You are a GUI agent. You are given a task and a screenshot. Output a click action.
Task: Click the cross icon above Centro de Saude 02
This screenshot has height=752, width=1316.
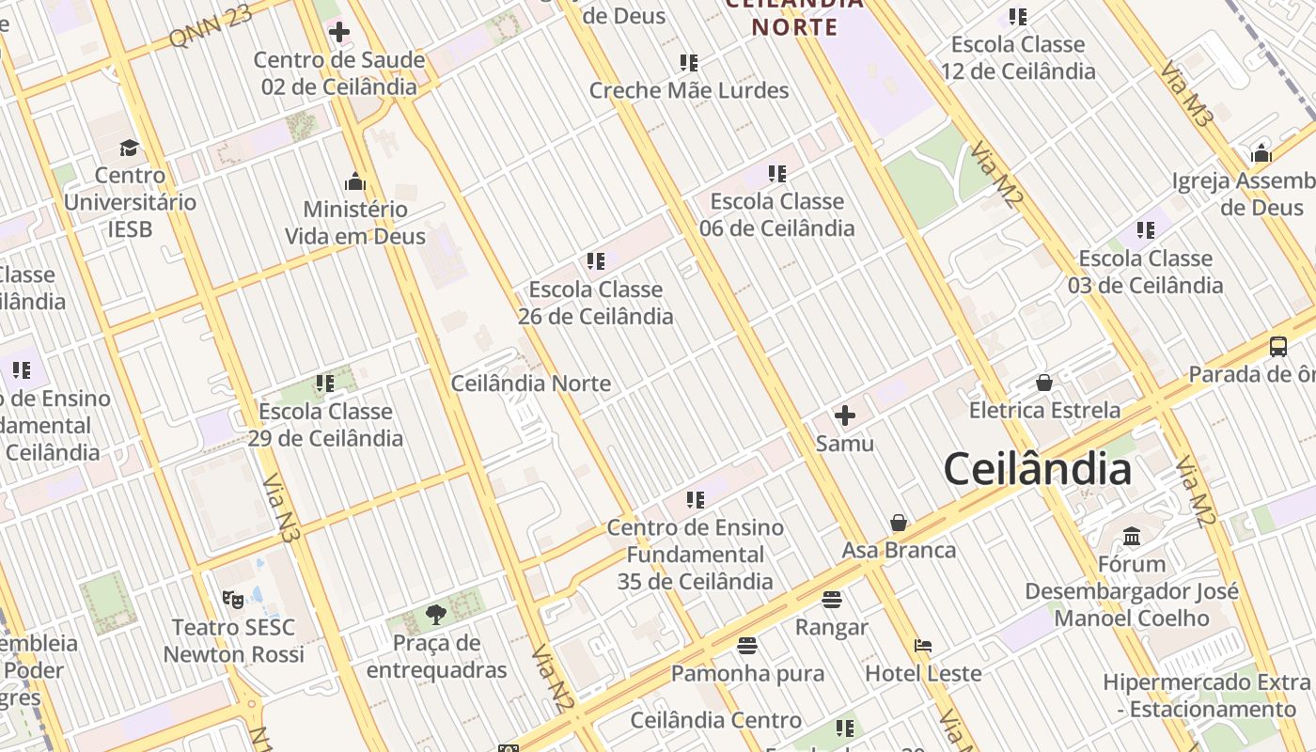339,33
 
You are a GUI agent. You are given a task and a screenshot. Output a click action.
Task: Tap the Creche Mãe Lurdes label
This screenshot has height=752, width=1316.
689,90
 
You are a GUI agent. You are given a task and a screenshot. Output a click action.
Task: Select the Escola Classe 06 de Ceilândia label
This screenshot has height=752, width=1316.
776,214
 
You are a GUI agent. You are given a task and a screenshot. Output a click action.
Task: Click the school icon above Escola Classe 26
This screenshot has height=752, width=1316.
595,261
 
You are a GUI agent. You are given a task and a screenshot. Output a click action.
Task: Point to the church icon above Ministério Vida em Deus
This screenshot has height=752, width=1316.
355,181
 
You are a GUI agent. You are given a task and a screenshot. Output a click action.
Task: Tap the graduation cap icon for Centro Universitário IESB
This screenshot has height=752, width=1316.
129,148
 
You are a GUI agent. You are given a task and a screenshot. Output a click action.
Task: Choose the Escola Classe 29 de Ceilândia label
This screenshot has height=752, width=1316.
325,425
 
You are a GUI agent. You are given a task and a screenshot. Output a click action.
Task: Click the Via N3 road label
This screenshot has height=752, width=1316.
281,509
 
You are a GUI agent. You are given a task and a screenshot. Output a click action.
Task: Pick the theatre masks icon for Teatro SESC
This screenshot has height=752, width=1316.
232,599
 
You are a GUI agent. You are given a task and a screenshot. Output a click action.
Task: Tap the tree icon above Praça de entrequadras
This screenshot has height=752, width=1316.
435,615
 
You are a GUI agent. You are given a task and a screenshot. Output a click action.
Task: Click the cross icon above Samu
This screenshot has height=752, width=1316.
845,415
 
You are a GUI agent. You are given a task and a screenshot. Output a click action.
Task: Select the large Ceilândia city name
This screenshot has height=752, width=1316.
1037,468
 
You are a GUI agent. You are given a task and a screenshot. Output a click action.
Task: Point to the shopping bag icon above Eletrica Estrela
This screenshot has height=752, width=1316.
1043,383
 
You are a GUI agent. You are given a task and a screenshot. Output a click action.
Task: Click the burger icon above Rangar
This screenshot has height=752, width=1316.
831,599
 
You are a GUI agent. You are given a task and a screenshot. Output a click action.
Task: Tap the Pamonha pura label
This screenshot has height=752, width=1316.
747,673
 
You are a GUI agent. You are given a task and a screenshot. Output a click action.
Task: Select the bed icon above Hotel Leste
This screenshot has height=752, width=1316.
923,646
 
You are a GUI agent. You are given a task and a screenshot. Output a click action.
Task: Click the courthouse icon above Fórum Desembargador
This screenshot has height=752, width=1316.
1132,536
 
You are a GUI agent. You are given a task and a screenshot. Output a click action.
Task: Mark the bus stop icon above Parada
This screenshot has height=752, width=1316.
1278,346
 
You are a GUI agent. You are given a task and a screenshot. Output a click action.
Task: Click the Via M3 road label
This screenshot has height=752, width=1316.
1188,94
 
